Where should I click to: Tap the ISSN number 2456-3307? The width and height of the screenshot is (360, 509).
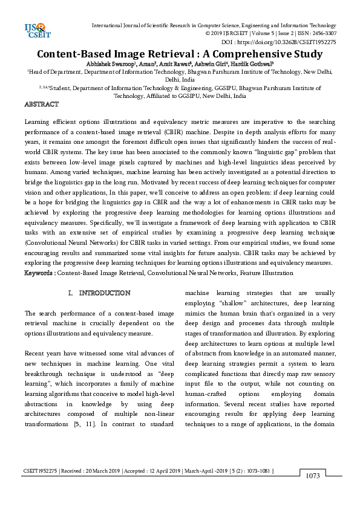point(322,34)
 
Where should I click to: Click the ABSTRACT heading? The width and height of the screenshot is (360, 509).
point(41,105)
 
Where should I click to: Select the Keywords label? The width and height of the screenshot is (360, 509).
point(39,273)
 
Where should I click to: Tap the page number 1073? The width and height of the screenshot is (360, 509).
point(312,476)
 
